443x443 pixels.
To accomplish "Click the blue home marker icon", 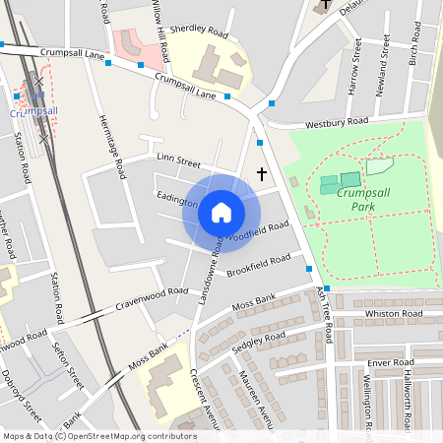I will click(x=221, y=213).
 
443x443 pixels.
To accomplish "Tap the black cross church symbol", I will click(x=262, y=174).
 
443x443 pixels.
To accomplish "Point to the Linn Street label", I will click(x=178, y=161).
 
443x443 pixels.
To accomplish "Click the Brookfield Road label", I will click(x=258, y=265).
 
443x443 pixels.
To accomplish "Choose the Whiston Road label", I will click(x=394, y=313).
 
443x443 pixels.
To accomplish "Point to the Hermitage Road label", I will click(x=111, y=145).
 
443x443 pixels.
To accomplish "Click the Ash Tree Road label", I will click(x=324, y=314).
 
